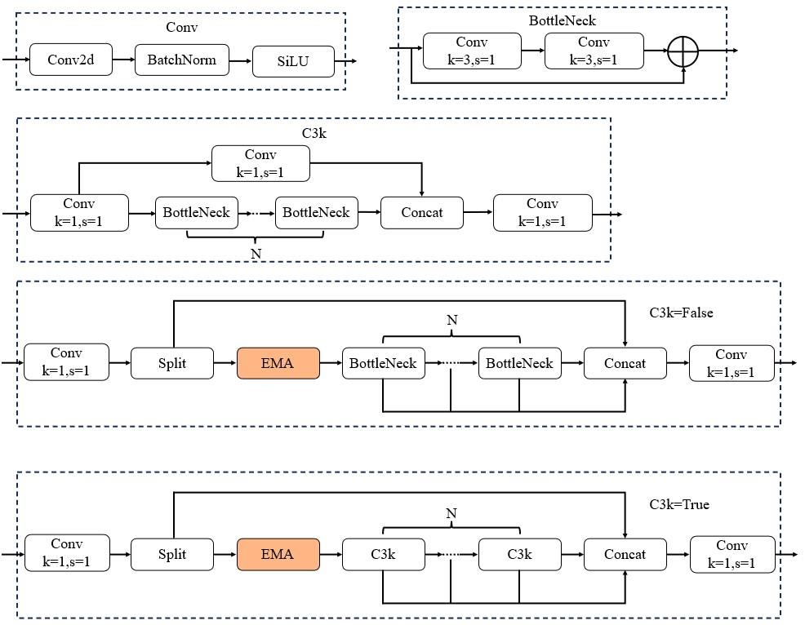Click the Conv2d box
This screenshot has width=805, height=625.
point(71,60)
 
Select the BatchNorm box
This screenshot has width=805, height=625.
point(181,60)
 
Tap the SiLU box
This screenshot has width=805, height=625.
point(293,61)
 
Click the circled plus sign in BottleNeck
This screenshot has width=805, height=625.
point(683,51)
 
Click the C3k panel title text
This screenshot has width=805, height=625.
point(314,133)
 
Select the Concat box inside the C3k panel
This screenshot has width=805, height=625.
point(422,213)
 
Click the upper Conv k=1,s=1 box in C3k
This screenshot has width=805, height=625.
point(260,163)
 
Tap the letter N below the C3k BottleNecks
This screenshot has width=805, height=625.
point(256,254)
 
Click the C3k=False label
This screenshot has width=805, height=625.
point(681,312)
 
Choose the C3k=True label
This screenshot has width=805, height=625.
point(679,504)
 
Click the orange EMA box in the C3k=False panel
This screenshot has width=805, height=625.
point(278,363)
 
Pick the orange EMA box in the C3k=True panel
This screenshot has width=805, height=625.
point(278,554)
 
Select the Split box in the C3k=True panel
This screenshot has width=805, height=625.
point(172,554)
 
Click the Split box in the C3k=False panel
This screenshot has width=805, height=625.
point(172,363)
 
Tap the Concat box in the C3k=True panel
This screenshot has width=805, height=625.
point(625,554)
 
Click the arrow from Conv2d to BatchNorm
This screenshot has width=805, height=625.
point(123,60)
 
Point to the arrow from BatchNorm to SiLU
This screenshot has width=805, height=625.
point(241,60)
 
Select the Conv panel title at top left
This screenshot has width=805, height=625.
point(182,28)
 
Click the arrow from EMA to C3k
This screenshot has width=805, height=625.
point(331,555)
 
